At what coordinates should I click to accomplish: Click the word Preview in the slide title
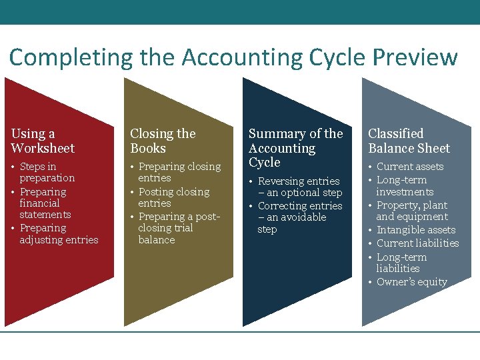pyautogui.click(x=415, y=57)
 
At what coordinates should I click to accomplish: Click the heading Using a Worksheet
pyautogui.click(x=43, y=141)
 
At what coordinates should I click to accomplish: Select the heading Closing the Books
pyautogui.click(x=163, y=141)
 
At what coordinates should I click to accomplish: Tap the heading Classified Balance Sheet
pyautogui.click(x=409, y=141)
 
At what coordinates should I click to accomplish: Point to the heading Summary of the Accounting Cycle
pyautogui.click(x=295, y=148)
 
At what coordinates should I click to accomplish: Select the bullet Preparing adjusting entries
pyautogui.click(x=59, y=233)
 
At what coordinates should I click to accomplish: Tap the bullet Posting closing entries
pyautogui.click(x=173, y=197)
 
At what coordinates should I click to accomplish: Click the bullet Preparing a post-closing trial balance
pyautogui.click(x=178, y=228)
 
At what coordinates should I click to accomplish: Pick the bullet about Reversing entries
pyautogui.click(x=299, y=187)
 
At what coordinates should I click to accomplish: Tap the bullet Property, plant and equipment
pyautogui.click(x=411, y=211)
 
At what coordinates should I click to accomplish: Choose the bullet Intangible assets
pyautogui.click(x=415, y=230)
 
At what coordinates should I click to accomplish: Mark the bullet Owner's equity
pyautogui.click(x=411, y=282)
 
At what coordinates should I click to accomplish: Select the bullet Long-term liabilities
pyautogui.click(x=401, y=263)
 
